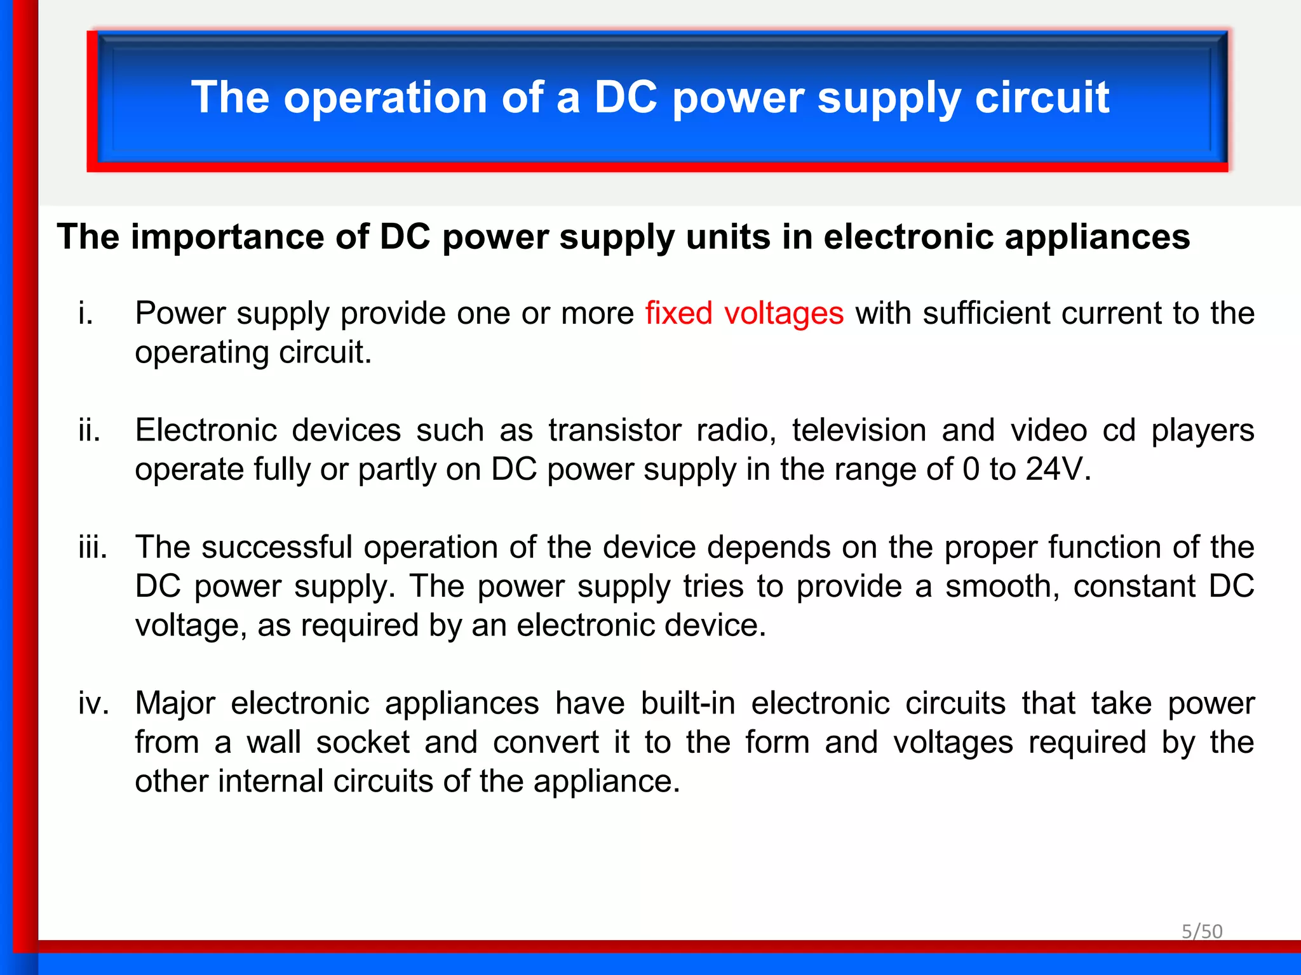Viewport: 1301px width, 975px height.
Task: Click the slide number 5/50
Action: click(x=1201, y=931)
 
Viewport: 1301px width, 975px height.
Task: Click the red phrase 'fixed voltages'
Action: click(x=744, y=314)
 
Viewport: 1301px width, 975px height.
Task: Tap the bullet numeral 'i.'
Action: click(x=86, y=314)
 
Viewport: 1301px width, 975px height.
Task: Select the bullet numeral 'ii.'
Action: click(x=90, y=431)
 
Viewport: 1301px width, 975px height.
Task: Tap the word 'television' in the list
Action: click(x=859, y=431)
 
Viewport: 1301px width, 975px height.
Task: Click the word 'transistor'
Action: click(x=615, y=431)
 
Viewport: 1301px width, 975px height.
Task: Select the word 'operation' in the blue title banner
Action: click(x=385, y=98)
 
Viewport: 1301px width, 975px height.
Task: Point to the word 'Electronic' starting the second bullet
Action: click(x=205, y=431)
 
